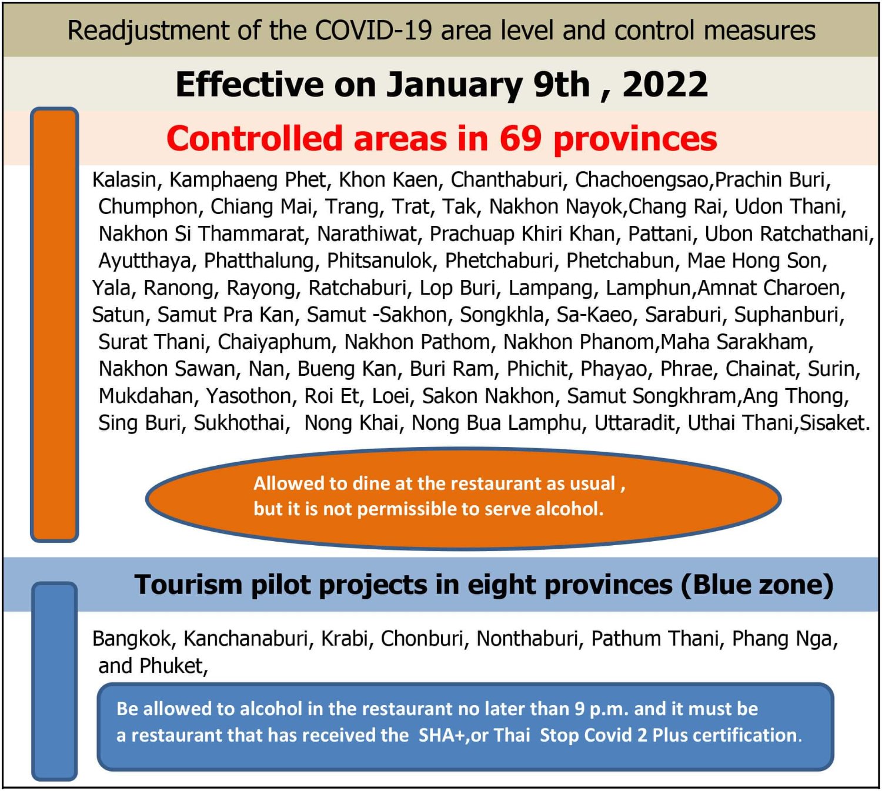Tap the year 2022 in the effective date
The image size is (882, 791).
[x=665, y=84]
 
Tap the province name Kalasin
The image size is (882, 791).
[x=124, y=180]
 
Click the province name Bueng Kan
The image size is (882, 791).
[x=346, y=369]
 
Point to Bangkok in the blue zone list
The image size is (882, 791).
[x=132, y=639]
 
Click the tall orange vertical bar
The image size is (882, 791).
[x=55, y=325]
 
